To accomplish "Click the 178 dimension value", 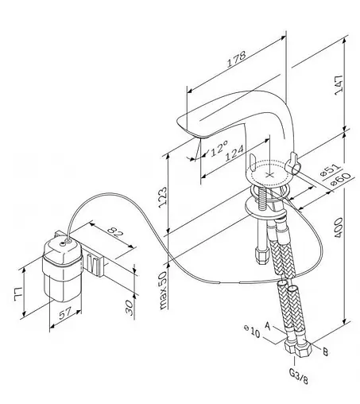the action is pyautogui.click(x=237, y=59).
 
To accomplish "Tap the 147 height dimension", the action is pyautogui.click(x=339, y=84).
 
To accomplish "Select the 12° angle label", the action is pyautogui.click(x=219, y=148).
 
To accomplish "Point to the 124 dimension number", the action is pyautogui.click(x=234, y=153).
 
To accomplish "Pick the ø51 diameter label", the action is pyautogui.click(x=330, y=170).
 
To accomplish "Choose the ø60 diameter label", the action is pyautogui.click(x=341, y=179).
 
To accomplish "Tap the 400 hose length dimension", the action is pyautogui.click(x=339, y=227).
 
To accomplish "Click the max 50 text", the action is pyautogui.click(x=164, y=290).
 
